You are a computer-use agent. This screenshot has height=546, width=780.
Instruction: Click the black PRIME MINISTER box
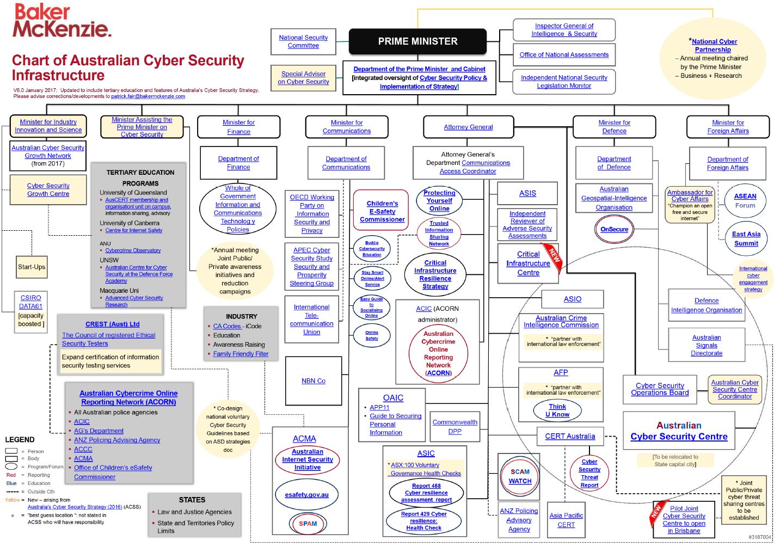[x=417, y=41]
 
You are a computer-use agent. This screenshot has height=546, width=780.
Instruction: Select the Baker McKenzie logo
[x=62, y=21]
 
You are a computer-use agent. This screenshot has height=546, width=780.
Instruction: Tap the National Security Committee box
[x=303, y=41]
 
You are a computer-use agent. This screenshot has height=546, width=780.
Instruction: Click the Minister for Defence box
[x=614, y=127]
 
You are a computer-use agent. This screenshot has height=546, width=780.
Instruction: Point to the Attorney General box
[x=468, y=127]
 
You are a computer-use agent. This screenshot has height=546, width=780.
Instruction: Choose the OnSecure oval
[x=614, y=229]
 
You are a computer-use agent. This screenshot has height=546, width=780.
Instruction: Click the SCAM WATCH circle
[x=520, y=476]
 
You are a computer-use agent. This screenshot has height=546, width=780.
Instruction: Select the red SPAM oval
[x=308, y=523]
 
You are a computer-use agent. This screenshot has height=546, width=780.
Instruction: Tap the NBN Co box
[x=314, y=381]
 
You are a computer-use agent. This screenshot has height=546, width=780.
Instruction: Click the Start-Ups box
[x=32, y=267]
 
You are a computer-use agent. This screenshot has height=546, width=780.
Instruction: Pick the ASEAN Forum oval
[x=745, y=200]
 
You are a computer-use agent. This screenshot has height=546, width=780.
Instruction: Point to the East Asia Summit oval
[x=746, y=238]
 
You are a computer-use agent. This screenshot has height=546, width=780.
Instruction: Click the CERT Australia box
[x=570, y=436]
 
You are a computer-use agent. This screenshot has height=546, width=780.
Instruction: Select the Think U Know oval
[x=557, y=410]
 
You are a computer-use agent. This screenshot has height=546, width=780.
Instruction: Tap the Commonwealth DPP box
[x=455, y=427]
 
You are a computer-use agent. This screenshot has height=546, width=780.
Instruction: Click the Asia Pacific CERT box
[x=566, y=520]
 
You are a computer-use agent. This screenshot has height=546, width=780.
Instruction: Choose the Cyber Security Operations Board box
[x=660, y=389]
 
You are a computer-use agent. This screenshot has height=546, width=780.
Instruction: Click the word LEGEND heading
[x=20, y=439]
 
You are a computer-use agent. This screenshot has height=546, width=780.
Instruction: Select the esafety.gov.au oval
[x=306, y=494]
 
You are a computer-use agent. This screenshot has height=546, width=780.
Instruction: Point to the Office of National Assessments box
[x=564, y=54]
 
